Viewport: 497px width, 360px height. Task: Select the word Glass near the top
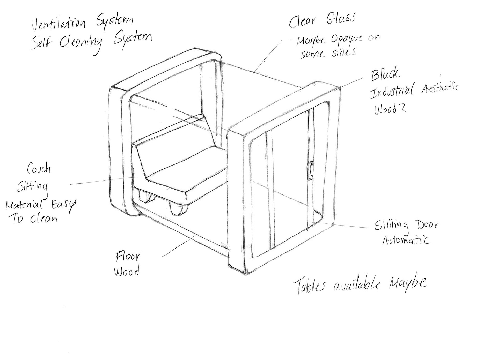[340, 19]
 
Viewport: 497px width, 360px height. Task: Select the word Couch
[39, 169]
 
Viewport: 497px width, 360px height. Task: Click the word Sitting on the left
[33, 187]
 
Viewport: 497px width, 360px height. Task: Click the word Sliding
[391, 226]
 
